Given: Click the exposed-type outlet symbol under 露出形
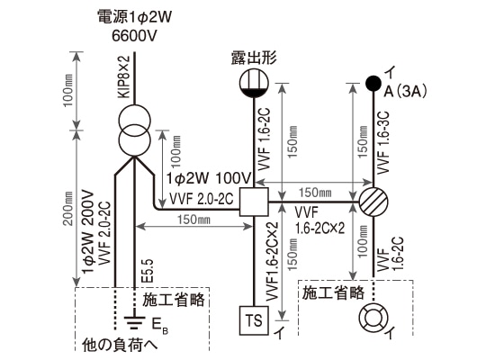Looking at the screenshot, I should click(x=255, y=84).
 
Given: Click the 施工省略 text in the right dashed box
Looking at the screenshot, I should click(x=334, y=292).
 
